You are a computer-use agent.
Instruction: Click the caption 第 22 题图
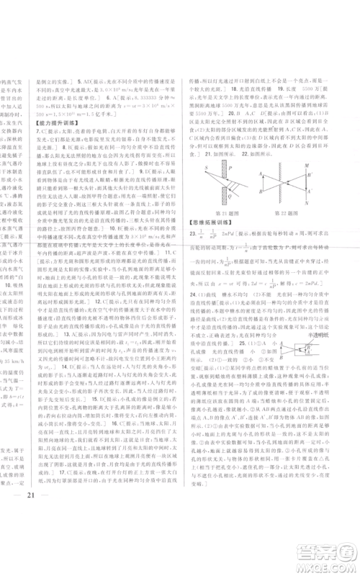(292, 214)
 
